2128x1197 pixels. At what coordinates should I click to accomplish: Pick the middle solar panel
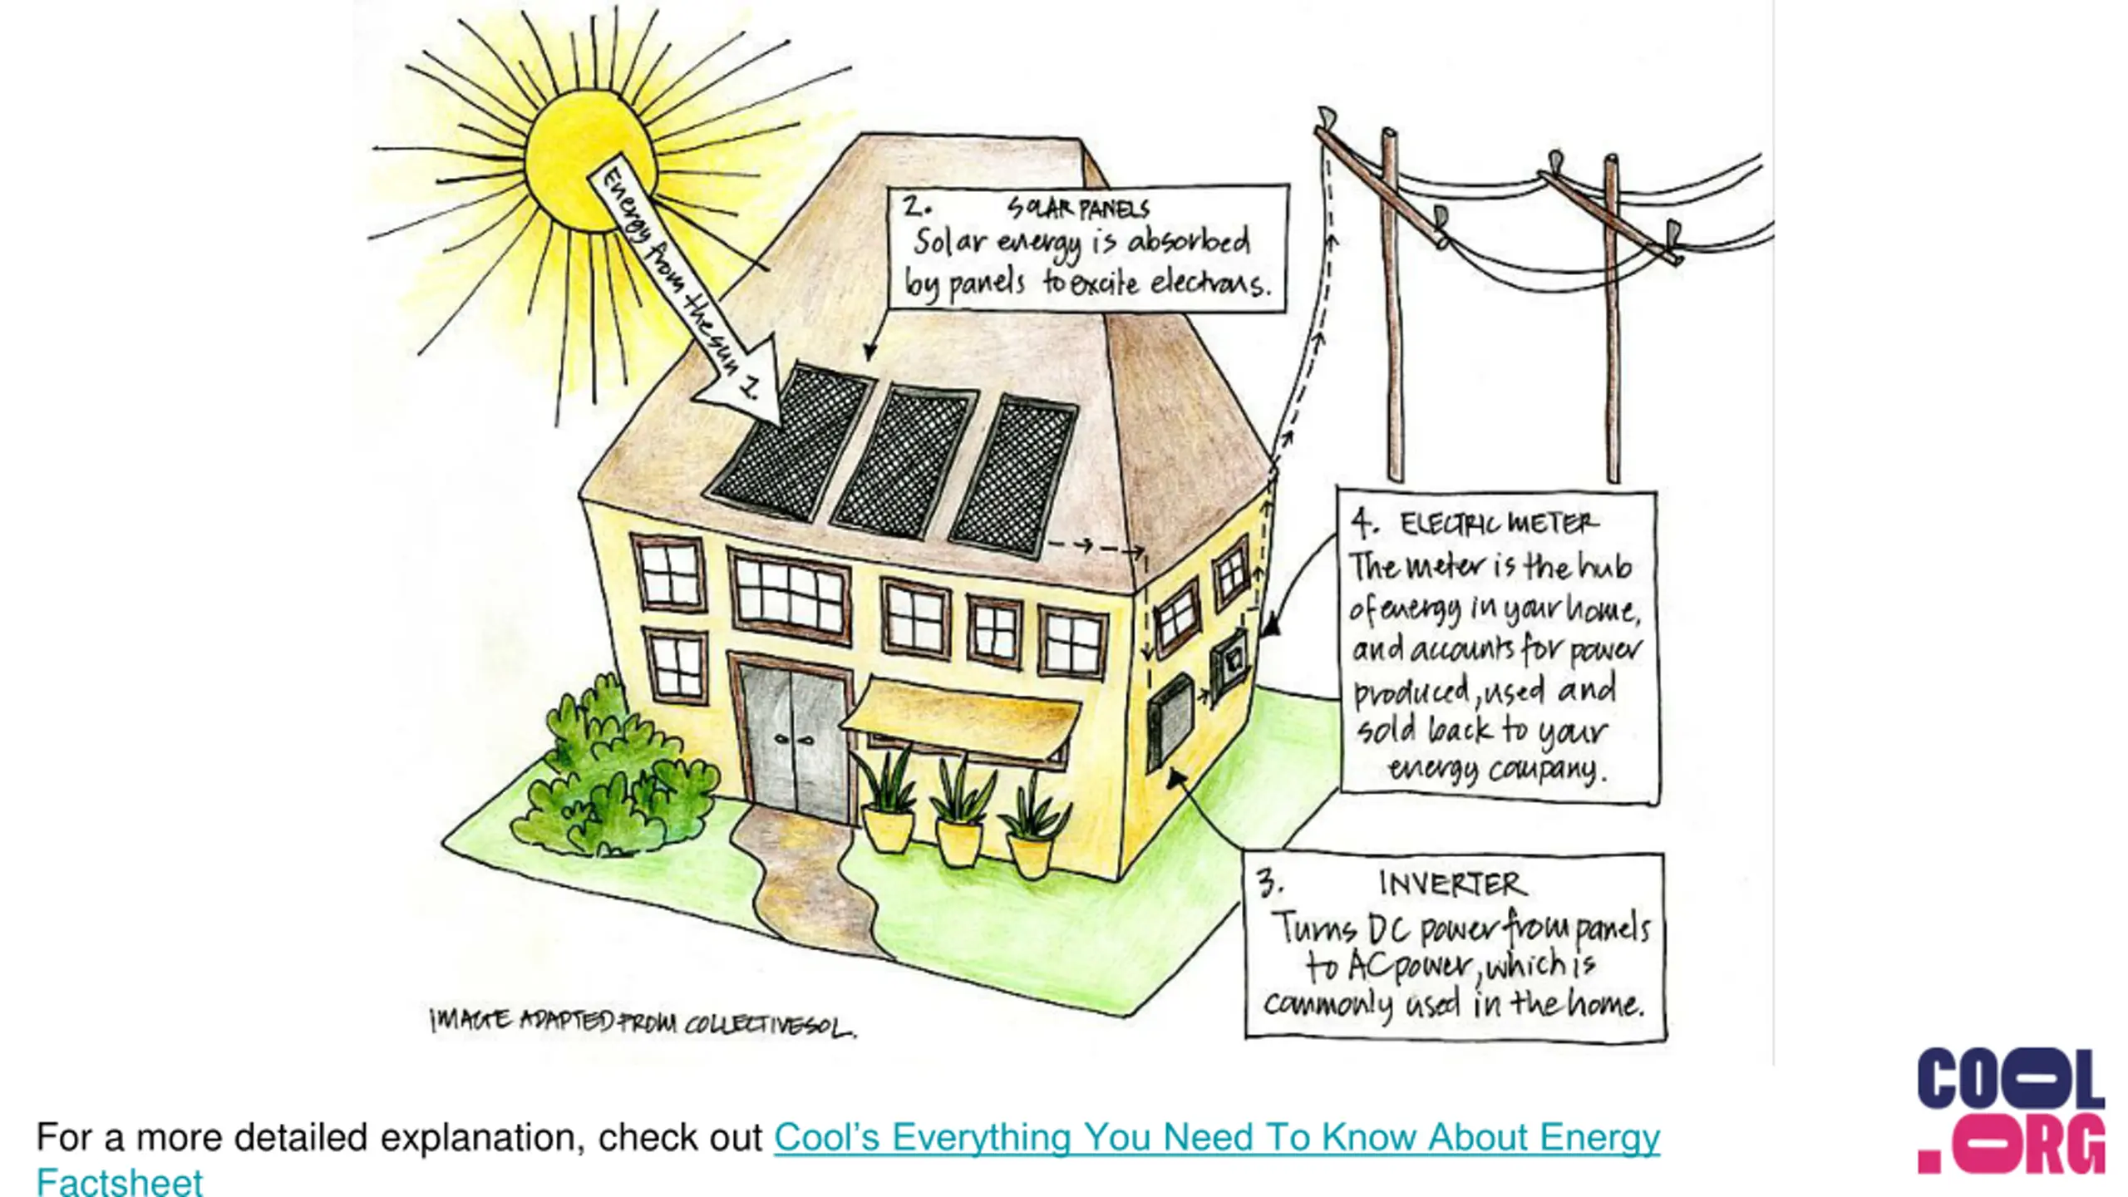[x=906, y=461]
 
